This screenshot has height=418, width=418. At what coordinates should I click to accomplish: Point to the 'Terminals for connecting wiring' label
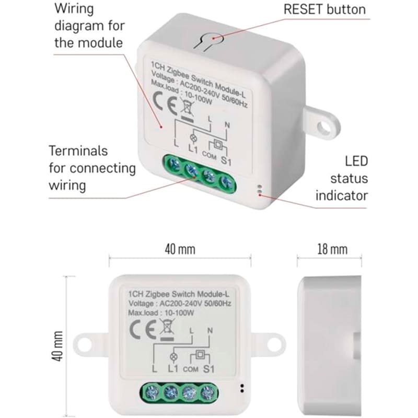click(92, 168)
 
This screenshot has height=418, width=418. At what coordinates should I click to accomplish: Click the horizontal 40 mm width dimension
click(180, 249)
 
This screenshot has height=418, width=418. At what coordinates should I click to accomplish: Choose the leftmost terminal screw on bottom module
click(150, 391)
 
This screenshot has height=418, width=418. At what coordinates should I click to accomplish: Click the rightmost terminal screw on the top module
click(226, 183)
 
